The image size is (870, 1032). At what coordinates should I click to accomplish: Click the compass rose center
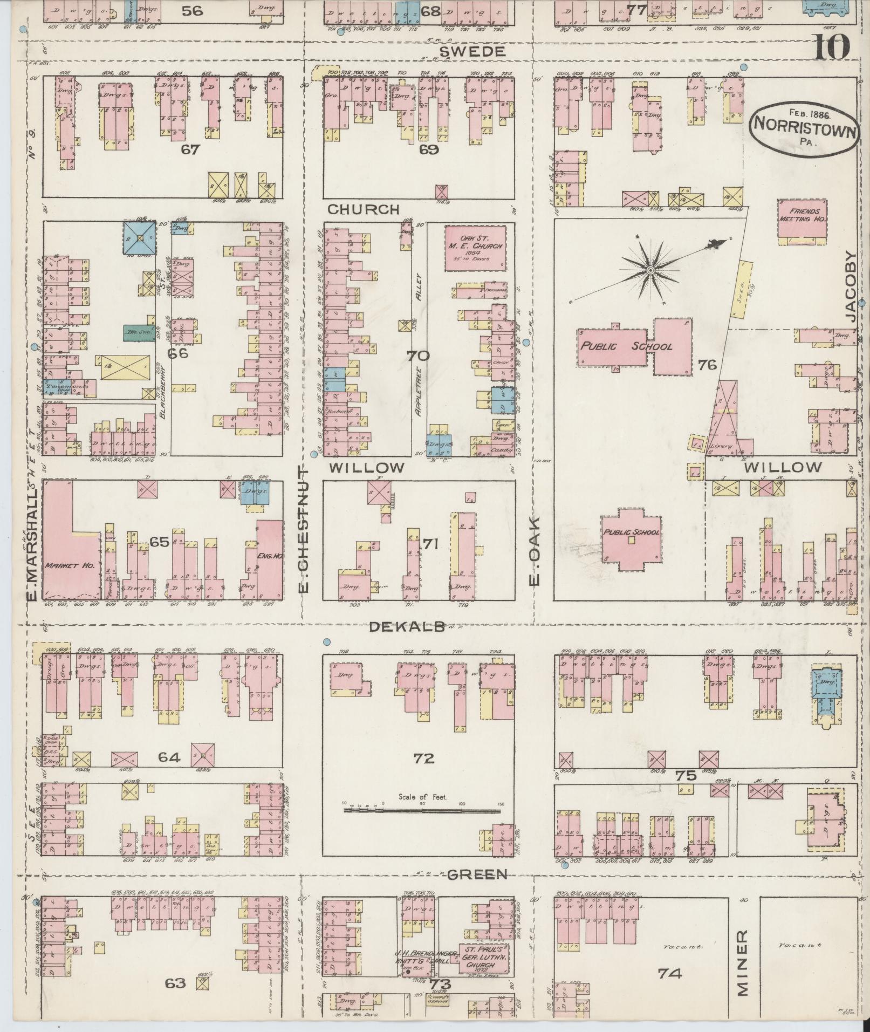pyautogui.click(x=650, y=268)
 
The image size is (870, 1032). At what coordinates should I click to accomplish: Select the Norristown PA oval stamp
pyautogui.click(x=804, y=129)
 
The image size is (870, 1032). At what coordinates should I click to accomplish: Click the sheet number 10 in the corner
pyautogui.click(x=831, y=47)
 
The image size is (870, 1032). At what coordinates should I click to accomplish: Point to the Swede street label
pyautogui.click(x=472, y=51)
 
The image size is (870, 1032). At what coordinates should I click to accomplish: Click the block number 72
pyautogui.click(x=424, y=758)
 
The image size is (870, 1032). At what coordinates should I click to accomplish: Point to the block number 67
pyautogui.click(x=190, y=149)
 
